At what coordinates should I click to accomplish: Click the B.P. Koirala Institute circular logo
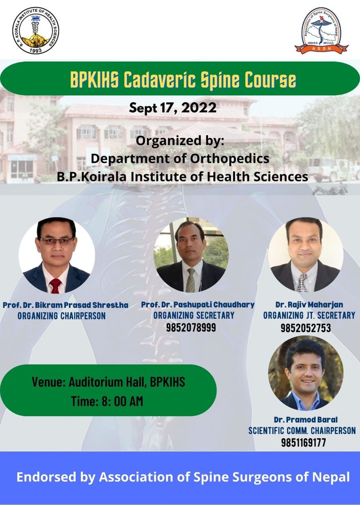point(36,30)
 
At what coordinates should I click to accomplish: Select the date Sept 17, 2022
point(173,108)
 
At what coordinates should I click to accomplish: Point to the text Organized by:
point(180,141)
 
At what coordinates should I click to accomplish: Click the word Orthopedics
point(229,159)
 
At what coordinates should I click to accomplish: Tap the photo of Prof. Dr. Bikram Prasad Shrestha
point(56,255)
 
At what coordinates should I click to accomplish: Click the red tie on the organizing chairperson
point(56,286)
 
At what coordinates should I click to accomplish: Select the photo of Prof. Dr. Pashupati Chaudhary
point(191,255)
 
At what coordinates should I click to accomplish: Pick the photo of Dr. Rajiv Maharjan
point(306,255)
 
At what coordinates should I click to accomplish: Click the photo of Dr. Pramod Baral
point(306,373)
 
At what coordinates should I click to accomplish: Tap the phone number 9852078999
point(191,327)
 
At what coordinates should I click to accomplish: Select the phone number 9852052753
point(306,328)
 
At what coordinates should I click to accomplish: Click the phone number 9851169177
point(304,442)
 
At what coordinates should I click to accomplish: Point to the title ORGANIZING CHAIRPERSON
point(62,316)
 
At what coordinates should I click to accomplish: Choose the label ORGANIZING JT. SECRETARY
point(309,315)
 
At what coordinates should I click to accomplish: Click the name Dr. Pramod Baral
point(306,419)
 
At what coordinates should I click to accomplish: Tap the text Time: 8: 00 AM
point(107,401)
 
